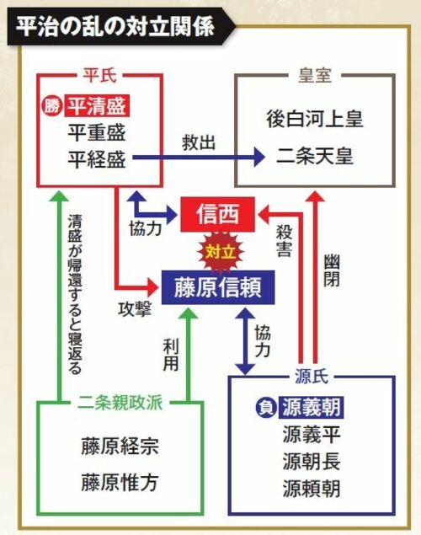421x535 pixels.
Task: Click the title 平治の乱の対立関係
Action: point(115,26)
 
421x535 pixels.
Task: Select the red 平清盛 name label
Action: point(97,106)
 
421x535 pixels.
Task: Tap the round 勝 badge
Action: point(51,106)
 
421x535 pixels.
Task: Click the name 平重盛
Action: point(97,132)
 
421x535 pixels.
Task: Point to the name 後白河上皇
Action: point(315,119)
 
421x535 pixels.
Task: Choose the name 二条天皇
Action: point(315,156)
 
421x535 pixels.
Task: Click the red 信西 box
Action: point(217,214)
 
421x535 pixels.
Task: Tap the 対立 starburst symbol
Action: point(221,253)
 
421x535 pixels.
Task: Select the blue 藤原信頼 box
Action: point(218,287)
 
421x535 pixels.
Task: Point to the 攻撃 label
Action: point(135,309)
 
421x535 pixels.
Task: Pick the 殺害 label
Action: point(284,240)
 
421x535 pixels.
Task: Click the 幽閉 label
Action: point(332,270)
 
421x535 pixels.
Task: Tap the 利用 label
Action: point(171,355)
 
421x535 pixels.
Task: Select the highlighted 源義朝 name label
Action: point(312,407)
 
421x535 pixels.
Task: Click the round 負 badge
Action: point(265,408)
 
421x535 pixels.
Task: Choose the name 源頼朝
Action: point(312,489)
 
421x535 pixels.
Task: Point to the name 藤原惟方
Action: point(120,482)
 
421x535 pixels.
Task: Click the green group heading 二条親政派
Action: point(120,403)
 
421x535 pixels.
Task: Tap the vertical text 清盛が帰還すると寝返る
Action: point(75,294)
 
